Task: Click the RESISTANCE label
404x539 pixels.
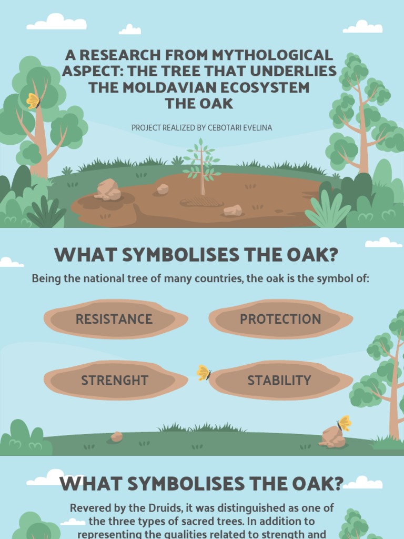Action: point(114,319)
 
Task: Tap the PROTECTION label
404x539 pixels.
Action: point(280,319)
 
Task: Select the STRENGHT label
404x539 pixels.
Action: point(115,380)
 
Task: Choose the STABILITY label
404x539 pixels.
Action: point(279,380)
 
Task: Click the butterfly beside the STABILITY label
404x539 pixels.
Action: point(204,373)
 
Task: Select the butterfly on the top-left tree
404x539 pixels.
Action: point(34,101)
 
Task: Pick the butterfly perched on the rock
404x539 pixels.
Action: point(345,423)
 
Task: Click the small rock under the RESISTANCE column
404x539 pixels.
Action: point(116,436)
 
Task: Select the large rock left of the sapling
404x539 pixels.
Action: point(108,189)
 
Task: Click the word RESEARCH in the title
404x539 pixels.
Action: point(112,55)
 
